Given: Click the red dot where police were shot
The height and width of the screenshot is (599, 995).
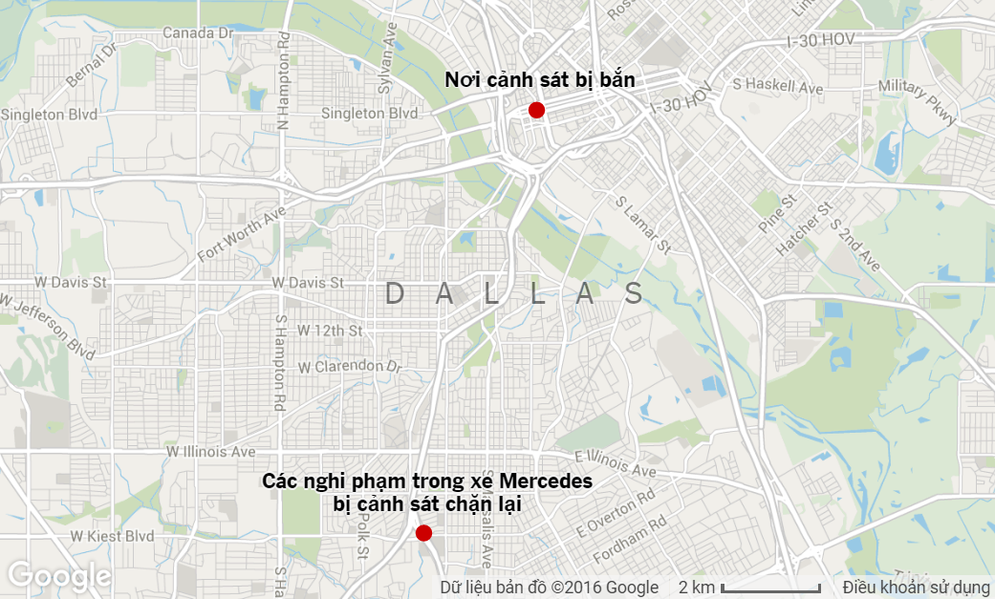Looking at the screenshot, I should pos(536,111).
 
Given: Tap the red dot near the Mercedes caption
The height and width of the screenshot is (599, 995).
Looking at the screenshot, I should pos(423,533).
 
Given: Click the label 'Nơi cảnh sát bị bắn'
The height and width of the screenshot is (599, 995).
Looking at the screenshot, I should pos(540,81).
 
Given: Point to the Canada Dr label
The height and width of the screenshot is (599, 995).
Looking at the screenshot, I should pos(198,33).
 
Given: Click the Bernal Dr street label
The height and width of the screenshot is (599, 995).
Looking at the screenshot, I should pos(90,66).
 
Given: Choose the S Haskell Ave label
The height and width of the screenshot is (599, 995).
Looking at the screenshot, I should pos(777,87).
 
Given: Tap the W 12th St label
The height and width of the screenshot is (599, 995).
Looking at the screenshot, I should pos(330,331).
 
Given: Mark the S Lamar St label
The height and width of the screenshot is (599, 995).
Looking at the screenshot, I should pos(643,226).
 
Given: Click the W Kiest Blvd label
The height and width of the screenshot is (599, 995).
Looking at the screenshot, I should pos(112,536).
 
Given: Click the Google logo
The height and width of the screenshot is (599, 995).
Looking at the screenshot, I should pos(59,576).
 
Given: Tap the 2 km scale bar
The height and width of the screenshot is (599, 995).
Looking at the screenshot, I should pos(770,587).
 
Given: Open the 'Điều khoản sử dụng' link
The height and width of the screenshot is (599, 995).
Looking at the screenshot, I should pos(915,587).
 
